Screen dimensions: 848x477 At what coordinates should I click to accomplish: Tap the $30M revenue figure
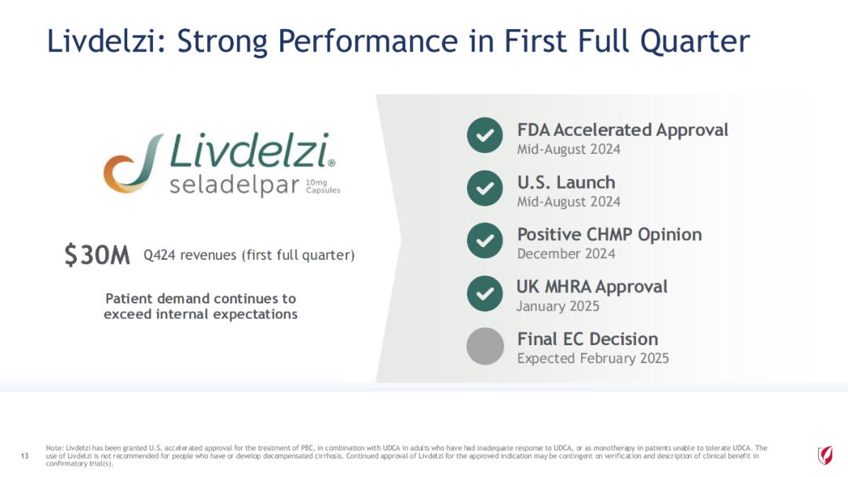tap(97, 255)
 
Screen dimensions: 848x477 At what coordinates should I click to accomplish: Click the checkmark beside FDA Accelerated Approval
tap(485, 135)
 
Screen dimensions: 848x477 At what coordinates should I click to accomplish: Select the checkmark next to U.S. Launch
tap(485, 188)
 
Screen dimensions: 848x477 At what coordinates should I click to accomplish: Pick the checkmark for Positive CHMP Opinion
tap(485, 240)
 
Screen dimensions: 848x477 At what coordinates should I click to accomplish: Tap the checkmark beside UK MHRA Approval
tap(485, 293)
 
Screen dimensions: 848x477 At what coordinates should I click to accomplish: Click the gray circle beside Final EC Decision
tap(485, 346)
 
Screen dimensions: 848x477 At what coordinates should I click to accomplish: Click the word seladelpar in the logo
tap(234, 186)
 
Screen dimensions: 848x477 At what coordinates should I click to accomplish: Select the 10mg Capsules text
tap(323, 187)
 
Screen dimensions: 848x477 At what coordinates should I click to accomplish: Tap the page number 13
tap(24, 456)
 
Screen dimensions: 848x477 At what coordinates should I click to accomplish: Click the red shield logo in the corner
tap(824, 455)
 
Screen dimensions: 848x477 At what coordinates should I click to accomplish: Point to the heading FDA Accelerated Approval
tap(623, 130)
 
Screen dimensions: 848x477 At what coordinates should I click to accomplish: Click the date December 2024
tap(566, 254)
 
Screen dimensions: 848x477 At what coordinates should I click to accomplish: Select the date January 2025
tap(558, 306)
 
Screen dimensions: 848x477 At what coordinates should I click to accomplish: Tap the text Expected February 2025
tap(593, 359)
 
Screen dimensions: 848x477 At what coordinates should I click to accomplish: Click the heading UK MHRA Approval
tap(592, 287)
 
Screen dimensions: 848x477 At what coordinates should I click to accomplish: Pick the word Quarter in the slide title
tap(695, 41)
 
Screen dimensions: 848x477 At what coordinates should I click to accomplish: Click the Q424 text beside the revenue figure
tap(159, 255)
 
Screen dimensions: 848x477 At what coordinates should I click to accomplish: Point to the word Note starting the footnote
tap(55, 448)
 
